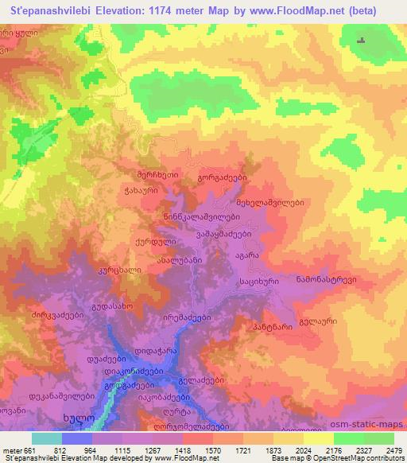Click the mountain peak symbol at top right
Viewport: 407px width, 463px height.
[x=362, y=41]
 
